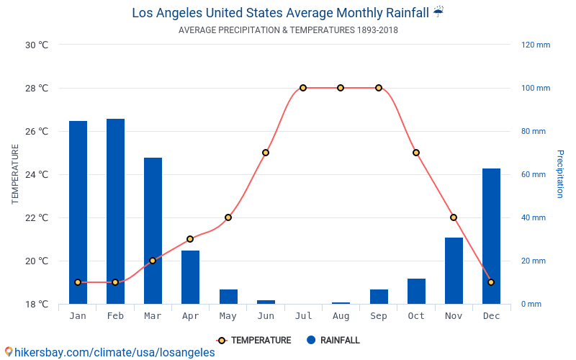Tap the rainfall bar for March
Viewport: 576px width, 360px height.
click(x=153, y=230)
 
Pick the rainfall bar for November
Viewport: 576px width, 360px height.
click(x=454, y=271)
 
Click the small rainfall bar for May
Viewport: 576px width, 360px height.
click(x=228, y=297)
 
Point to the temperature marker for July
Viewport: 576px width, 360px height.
click(x=303, y=88)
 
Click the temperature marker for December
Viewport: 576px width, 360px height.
click(x=491, y=282)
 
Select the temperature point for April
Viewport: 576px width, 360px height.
click(x=190, y=239)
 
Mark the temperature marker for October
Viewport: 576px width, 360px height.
click(x=416, y=153)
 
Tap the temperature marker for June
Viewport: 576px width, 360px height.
click(x=266, y=153)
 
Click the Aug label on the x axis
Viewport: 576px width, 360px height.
click(x=341, y=316)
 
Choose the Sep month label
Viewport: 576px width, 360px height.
click(x=379, y=316)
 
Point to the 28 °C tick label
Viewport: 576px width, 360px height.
click(x=37, y=88)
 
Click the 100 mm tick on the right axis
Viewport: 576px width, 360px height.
click(x=536, y=88)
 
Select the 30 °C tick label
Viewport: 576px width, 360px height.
click(x=37, y=45)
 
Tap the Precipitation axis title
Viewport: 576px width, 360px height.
click(x=560, y=174)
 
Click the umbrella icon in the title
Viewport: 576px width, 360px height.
click(x=438, y=12)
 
